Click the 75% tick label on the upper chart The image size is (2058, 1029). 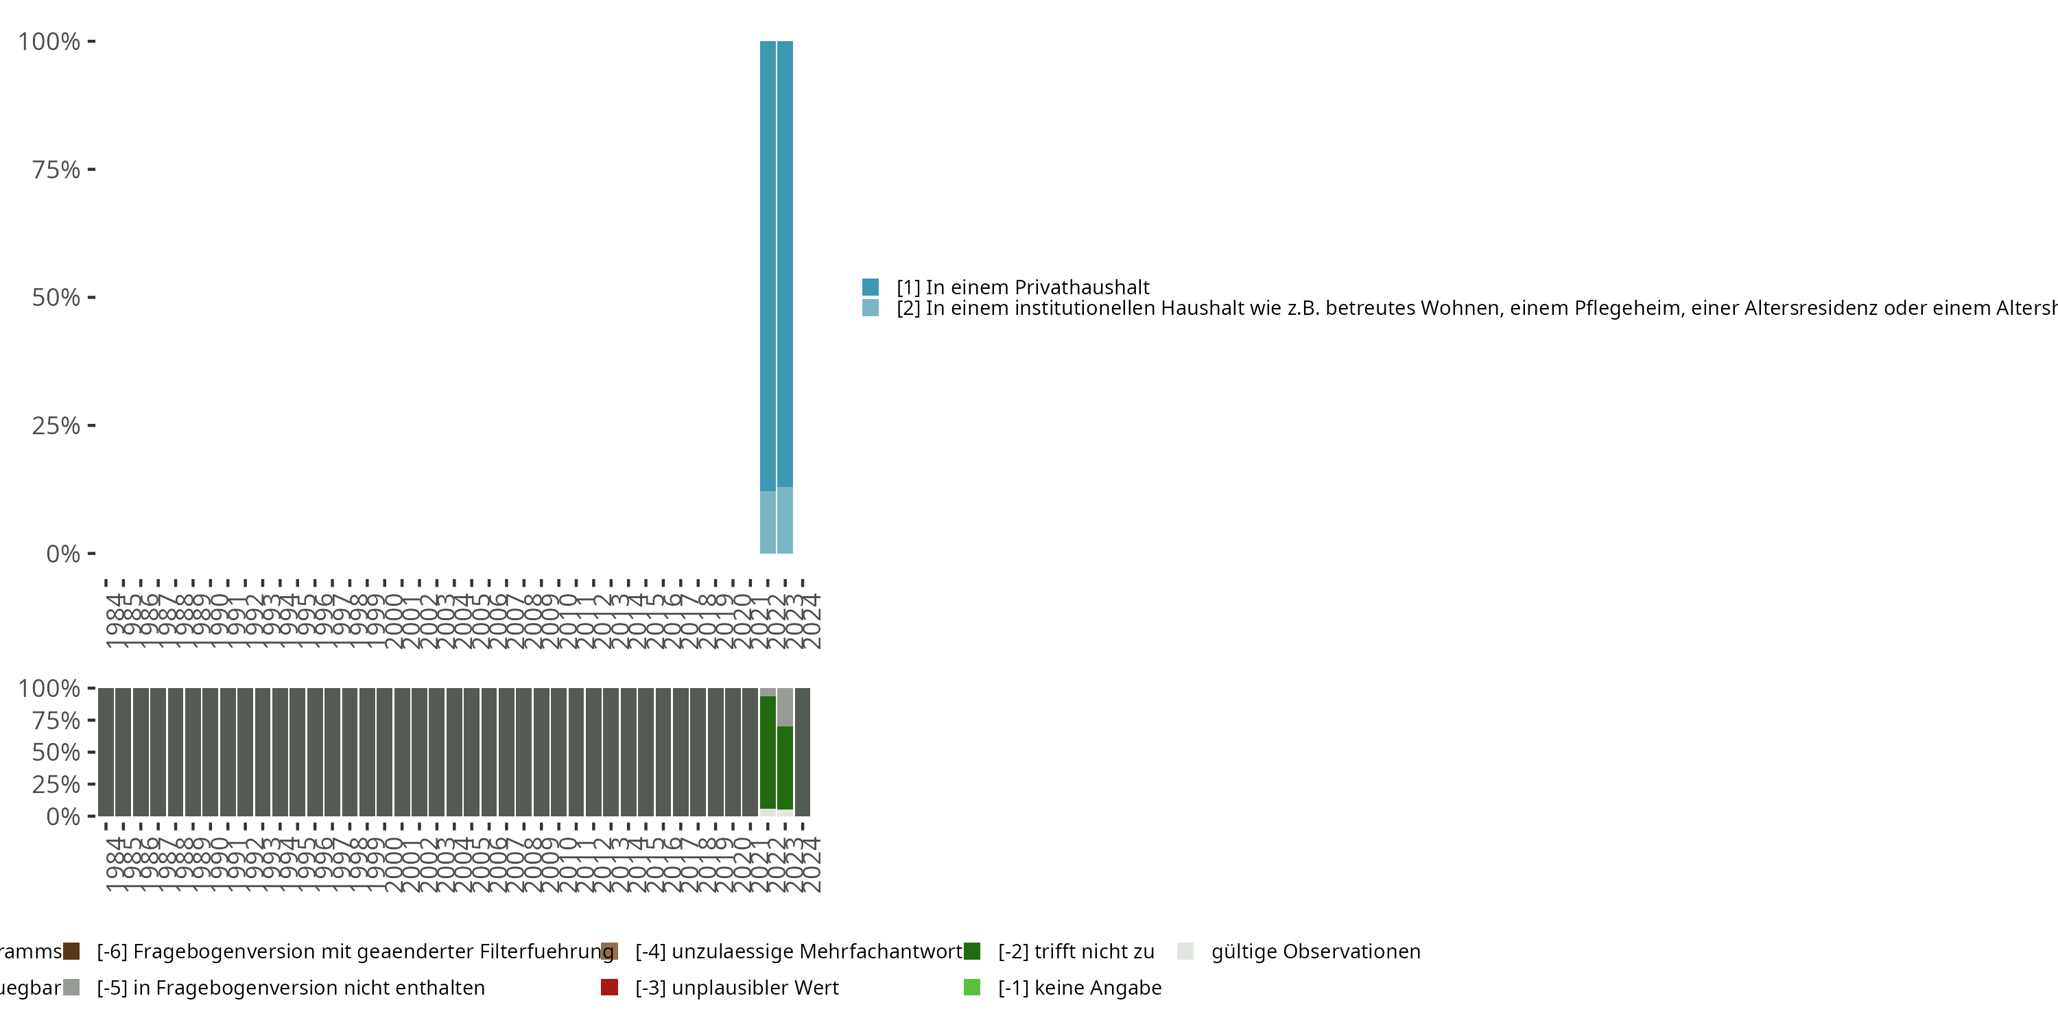point(56,169)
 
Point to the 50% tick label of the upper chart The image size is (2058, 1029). point(56,298)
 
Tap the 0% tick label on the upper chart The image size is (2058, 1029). point(63,554)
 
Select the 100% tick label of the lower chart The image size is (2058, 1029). point(49,689)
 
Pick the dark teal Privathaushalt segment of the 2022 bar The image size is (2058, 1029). point(768,263)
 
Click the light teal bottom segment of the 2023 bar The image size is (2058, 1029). point(785,520)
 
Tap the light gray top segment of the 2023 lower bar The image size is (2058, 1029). point(785,707)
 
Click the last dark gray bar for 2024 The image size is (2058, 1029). point(803,752)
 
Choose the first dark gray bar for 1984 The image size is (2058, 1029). point(106,752)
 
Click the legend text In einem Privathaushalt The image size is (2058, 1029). point(1023,287)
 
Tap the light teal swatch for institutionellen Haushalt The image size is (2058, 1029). point(871,307)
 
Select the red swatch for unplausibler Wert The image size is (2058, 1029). point(610,987)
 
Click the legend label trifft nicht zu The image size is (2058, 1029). point(1076,951)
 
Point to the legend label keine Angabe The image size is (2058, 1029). point(1080,987)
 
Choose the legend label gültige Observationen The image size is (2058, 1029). point(1316,951)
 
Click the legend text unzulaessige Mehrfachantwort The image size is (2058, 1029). point(799,951)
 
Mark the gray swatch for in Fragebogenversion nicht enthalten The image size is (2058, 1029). point(71,987)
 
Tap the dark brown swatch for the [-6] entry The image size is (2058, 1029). point(71,951)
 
